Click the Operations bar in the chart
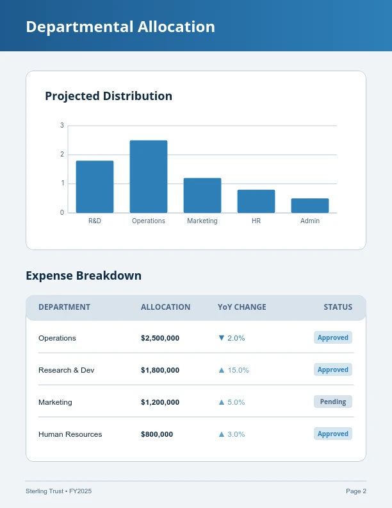tap(149, 176)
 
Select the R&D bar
tap(95, 187)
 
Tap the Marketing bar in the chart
tap(202, 195)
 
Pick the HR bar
tap(256, 201)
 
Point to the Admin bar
tap(310, 205)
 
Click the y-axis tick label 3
tap(62, 125)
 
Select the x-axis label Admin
tap(310, 221)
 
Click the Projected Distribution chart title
tap(108, 96)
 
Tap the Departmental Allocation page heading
tap(120, 27)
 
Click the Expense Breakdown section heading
tap(83, 276)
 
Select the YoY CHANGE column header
tap(241, 307)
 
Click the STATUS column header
tap(338, 307)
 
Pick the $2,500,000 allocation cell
tap(160, 338)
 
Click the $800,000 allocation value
tap(157, 434)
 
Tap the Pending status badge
tap(333, 402)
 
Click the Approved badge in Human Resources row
tap(333, 434)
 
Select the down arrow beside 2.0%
tap(222, 338)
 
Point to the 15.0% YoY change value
tap(238, 370)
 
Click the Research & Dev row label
tap(66, 370)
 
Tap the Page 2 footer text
tap(356, 491)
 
